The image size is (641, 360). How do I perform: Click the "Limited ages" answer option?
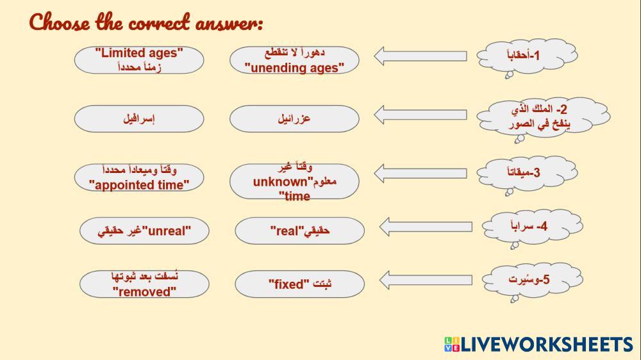(x=139, y=60)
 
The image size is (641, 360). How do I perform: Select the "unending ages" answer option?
(x=294, y=60)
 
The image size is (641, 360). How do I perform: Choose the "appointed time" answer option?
(x=139, y=177)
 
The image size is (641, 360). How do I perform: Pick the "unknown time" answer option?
(x=294, y=181)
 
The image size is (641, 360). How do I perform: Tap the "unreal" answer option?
(x=144, y=231)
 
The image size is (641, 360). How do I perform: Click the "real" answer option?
(x=299, y=231)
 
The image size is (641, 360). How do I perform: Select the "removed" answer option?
(x=144, y=284)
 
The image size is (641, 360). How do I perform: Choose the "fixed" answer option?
(x=299, y=284)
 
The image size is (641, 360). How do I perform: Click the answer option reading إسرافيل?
(x=139, y=119)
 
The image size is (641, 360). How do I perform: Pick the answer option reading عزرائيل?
(x=294, y=119)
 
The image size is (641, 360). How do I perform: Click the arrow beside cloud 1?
(x=420, y=56)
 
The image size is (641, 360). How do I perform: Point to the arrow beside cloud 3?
(x=420, y=173)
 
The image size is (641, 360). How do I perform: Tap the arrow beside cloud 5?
(x=426, y=280)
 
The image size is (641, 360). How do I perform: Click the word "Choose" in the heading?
(x=59, y=22)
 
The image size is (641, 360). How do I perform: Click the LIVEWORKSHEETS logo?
(x=538, y=344)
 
